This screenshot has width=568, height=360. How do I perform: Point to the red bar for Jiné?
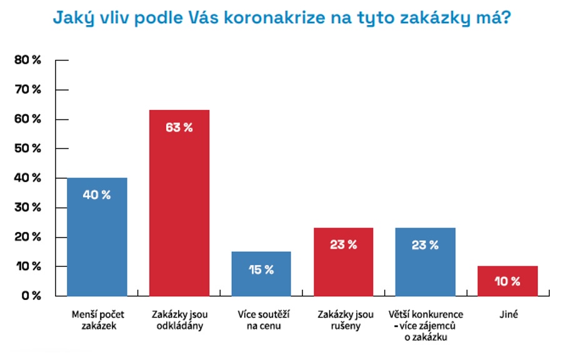click(507, 281)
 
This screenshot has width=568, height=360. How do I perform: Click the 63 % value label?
click(179, 127)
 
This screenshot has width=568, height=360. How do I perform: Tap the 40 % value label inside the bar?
click(97, 195)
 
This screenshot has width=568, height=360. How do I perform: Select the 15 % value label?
click(261, 270)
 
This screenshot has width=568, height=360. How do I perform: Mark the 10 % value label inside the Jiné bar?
click(507, 281)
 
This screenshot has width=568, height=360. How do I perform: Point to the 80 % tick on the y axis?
click(28, 60)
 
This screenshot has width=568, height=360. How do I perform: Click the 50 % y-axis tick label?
click(28, 149)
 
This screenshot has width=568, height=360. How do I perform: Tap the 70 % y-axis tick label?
click(28, 89)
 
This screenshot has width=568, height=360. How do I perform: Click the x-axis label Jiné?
click(507, 314)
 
